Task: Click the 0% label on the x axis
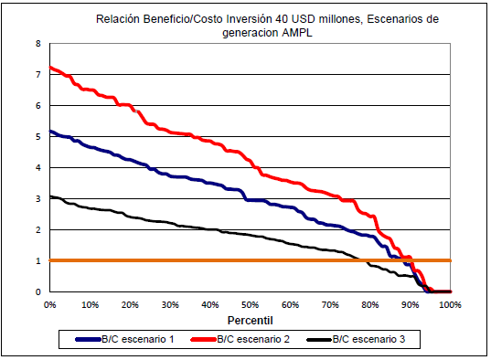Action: click(49, 304)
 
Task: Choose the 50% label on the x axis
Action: click(250, 304)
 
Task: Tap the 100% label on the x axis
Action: click(449, 304)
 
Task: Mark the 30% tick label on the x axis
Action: click(169, 304)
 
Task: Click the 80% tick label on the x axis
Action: click(370, 304)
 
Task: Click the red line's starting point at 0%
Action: click(50, 67)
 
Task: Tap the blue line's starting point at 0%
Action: click(50, 132)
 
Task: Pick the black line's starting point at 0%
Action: click(50, 196)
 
